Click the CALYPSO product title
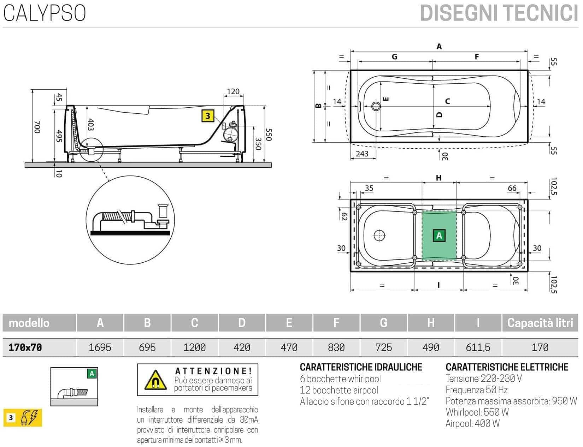45,13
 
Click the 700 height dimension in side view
37,127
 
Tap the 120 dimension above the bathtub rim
233,92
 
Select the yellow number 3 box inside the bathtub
208,116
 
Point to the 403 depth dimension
90,125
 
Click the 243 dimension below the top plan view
362,154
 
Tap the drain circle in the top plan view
376,106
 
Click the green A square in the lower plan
439,236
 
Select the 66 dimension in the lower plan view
512,188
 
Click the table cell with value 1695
100,347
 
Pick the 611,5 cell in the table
478,347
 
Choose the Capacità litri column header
540,323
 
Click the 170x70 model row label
25,347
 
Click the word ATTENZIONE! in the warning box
213,371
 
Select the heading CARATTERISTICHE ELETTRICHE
507,367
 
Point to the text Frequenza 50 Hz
476,390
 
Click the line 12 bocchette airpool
338,390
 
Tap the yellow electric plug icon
29,418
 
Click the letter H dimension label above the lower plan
438,178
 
